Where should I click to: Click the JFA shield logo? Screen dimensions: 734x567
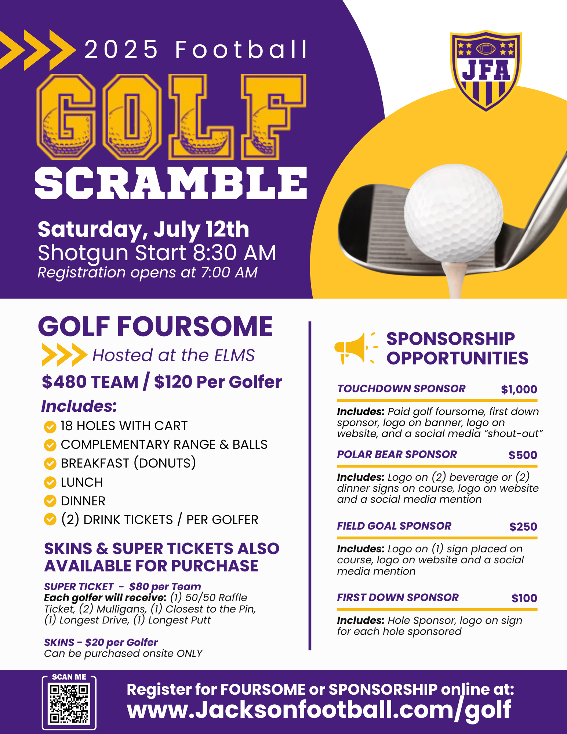[x=486, y=70]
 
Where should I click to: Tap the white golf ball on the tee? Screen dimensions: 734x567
[x=453, y=213]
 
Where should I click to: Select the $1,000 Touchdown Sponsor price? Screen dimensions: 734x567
[x=519, y=389]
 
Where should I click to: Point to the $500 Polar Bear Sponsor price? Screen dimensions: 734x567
[x=523, y=455]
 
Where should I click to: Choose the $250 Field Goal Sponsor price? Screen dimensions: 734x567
[x=523, y=527]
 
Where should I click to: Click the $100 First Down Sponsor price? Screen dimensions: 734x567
[x=524, y=598]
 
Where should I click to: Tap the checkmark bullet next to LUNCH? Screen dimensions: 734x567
[x=50, y=482]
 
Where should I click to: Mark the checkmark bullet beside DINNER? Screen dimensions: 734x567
[x=50, y=501]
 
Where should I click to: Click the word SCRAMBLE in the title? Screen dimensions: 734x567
[x=171, y=183]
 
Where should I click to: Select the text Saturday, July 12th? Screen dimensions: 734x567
[x=143, y=229]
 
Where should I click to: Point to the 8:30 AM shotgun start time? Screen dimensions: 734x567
[x=234, y=253]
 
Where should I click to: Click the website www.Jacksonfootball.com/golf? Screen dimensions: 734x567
[x=319, y=710]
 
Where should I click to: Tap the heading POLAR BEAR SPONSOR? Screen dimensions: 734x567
[x=397, y=454]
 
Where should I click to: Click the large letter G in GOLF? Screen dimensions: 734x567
[x=66, y=117]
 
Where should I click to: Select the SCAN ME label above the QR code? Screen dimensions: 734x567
[x=69, y=677]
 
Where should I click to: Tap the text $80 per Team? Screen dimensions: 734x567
[x=165, y=586]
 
